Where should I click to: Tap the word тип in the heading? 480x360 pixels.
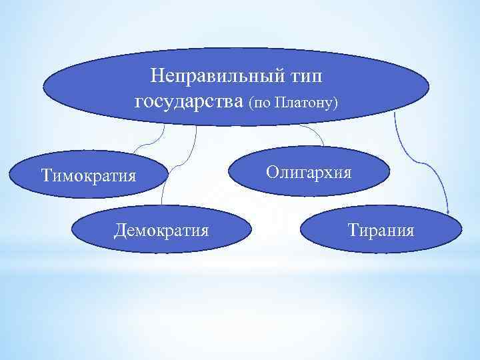pyautogui.click(x=305, y=75)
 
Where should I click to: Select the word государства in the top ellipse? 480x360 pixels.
pyautogui.click(x=189, y=102)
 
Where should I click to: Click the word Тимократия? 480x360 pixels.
pyautogui.click(x=88, y=176)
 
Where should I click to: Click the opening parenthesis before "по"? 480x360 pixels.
pyautogui.click(x=251, y=105)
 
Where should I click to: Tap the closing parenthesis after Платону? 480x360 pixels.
pyautogui.click(x=336, y=105)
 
